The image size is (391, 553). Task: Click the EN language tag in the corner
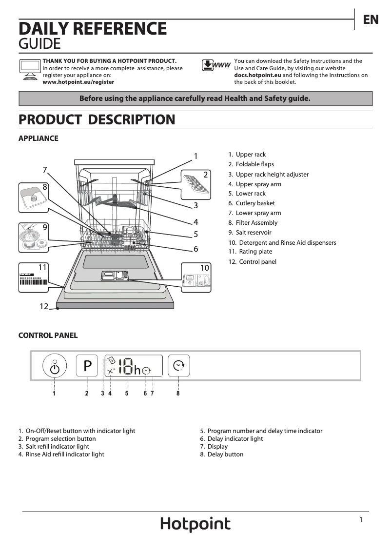(371, 20)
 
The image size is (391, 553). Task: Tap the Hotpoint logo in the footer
(195, 524)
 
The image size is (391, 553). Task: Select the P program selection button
(87, 366)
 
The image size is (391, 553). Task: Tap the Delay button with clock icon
(179, 365)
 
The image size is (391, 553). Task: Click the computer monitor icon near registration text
(29, 69)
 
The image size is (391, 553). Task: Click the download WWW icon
(215, 65)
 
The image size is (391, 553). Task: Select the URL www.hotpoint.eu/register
(78, 82)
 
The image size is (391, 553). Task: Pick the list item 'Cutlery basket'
(255, 203)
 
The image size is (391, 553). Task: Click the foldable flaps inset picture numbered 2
(197, 184)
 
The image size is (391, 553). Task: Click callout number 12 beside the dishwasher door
(44, 306)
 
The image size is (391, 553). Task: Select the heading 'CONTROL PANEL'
(48, 336)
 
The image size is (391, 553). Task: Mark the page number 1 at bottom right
(361, 520)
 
